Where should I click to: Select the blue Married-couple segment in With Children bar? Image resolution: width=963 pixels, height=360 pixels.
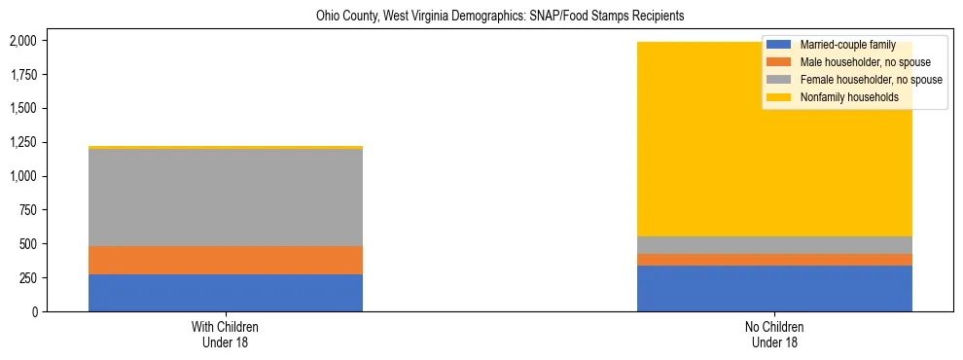tap(226, 293)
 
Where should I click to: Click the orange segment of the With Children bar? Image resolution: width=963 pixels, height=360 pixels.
tap(226, 260)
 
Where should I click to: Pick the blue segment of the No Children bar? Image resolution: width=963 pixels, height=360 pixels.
tap(774, 288)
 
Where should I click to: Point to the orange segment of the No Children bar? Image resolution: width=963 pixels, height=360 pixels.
tap(774, 260)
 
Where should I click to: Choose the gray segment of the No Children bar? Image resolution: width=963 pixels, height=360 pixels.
tap(774, 245)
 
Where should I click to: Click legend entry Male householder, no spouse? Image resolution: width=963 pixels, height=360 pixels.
tap(864, 62)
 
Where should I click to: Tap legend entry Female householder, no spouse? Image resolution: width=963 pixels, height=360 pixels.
tap(870, 80)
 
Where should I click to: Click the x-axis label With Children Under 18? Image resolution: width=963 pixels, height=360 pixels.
tap(226, 334)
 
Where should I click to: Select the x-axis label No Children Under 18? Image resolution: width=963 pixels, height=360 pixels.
tap(774, 334)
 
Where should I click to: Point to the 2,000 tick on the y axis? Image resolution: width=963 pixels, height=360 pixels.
tap(22, 41)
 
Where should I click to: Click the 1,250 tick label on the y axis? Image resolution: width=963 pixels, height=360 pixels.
tap(22, 143)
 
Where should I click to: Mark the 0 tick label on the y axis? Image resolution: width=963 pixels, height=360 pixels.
tap(33, 312)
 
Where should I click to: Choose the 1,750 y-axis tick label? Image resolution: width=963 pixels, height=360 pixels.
tap(22, 75)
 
